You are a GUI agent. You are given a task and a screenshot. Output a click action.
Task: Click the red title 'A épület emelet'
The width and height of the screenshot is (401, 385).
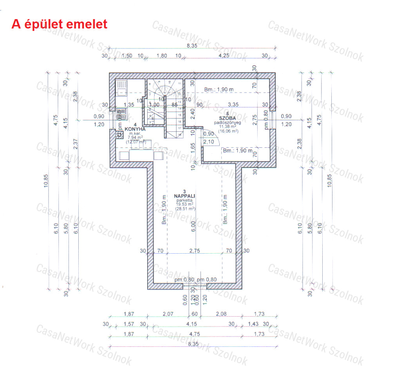(60, 24)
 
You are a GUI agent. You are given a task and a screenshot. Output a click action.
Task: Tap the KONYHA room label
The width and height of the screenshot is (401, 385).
(135, 129)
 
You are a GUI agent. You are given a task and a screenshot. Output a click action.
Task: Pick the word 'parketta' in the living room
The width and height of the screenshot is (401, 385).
(186, 200)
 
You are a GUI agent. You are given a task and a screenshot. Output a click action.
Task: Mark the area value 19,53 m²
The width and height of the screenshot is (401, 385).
(186, 204)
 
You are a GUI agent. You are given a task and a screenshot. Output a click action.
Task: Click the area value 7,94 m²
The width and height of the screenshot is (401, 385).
(135, 137)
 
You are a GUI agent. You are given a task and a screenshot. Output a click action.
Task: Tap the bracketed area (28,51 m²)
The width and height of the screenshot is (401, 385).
(186, 209)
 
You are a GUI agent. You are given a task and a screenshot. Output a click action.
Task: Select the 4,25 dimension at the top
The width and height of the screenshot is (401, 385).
(224, 56)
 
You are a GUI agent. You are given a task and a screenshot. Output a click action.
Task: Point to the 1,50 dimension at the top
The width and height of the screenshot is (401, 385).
(126, 56)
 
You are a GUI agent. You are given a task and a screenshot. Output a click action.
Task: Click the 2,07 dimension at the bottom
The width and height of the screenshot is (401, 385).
(168, 314)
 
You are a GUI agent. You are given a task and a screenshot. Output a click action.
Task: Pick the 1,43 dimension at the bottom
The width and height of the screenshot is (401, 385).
(254, 324)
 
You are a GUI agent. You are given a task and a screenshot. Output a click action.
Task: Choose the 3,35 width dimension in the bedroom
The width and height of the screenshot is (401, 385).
(234, 104)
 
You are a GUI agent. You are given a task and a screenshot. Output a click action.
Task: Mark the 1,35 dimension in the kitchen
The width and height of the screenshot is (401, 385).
(129, 104)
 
